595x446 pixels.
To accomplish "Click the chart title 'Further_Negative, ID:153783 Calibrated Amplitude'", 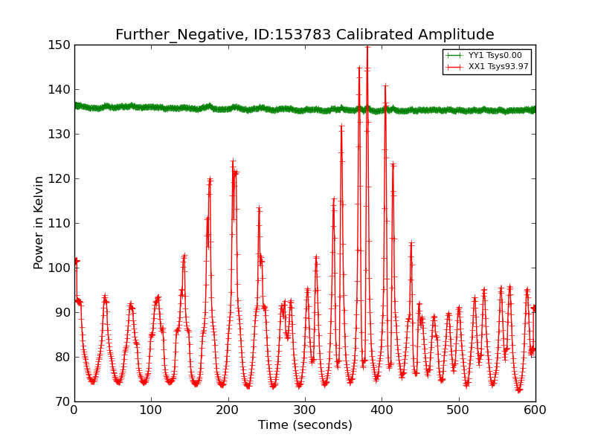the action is (x=305, y=34).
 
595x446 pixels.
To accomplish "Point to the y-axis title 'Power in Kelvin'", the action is (x=38, y=223).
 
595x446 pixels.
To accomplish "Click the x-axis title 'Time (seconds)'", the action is (x=305, y=424).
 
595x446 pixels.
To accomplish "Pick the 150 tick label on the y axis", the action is (x=59, y=45).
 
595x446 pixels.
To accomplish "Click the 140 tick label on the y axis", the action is (x=59, y=89).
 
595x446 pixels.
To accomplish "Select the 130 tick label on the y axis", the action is (x=59, y=135).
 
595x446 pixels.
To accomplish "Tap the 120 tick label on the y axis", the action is (x=59, y=178).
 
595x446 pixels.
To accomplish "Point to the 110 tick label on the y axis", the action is (x=59, y=224).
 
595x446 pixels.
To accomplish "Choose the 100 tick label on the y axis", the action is (x=59, y=268).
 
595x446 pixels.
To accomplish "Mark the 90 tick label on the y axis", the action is (x=63, y=312).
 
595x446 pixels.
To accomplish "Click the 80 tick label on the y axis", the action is (x=63, y=357).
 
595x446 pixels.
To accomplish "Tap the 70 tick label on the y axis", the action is (x=63, y=401).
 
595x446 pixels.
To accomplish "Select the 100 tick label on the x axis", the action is (x=152, y=410).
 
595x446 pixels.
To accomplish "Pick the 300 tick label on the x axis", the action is (x=305, y=410).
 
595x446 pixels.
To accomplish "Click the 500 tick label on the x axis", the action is (x=459, y=410).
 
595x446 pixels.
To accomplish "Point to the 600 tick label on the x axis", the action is (x=535, y=410).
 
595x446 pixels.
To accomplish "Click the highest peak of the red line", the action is (x=367, y=47).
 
